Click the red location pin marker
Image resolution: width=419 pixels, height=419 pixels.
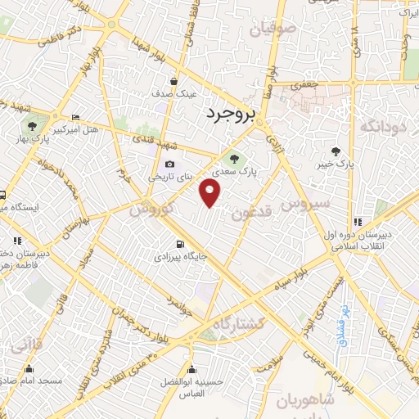tap(210, 192)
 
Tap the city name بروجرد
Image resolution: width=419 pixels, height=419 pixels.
tap(232, 113)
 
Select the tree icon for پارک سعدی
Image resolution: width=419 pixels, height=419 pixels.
tap(233, 159)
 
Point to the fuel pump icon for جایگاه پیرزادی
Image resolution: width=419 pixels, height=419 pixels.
tap(180, 244)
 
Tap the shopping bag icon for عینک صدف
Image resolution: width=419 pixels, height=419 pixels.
tap(175, 81)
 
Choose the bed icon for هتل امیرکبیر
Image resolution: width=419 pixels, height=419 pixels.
tap(75, 117)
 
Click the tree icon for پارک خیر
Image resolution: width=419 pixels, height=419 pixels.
tap(336, 151)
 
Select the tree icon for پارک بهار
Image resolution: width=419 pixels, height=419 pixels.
tap(31, 126)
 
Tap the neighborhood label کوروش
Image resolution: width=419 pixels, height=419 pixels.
tap(151, 208)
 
